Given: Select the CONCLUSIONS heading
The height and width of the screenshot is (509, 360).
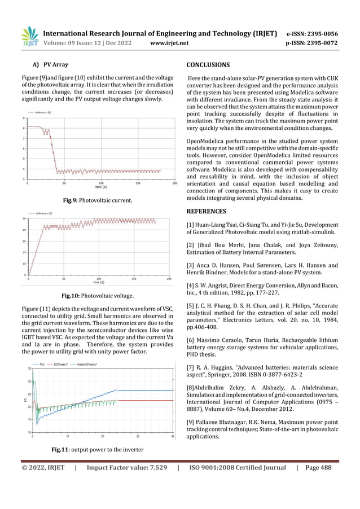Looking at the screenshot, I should point(208,65).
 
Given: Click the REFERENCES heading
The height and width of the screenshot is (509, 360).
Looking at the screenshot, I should point(207,212).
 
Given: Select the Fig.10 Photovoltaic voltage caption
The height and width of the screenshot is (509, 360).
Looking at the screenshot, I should point(98,295).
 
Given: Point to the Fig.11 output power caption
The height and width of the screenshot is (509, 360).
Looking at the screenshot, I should point(98,449).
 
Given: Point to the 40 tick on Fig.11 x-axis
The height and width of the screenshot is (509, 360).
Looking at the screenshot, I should point(173,436).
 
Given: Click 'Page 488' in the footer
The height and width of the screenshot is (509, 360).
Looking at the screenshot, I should point(318,468).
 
